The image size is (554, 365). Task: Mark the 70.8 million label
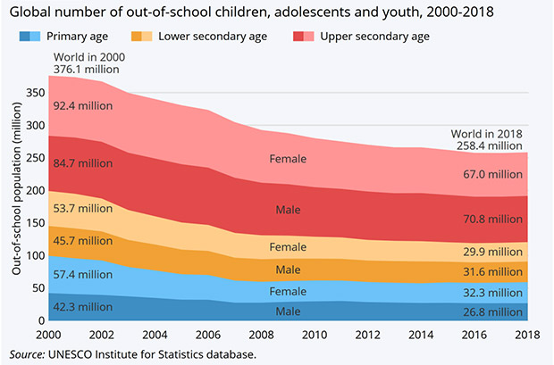click(x=491, y=218)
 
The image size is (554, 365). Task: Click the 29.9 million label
click(x=491, y=253)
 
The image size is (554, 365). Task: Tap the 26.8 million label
click(x=491, y=312)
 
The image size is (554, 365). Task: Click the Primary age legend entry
click(x=71, y=37)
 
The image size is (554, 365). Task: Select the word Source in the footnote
click(x=26, y=354)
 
